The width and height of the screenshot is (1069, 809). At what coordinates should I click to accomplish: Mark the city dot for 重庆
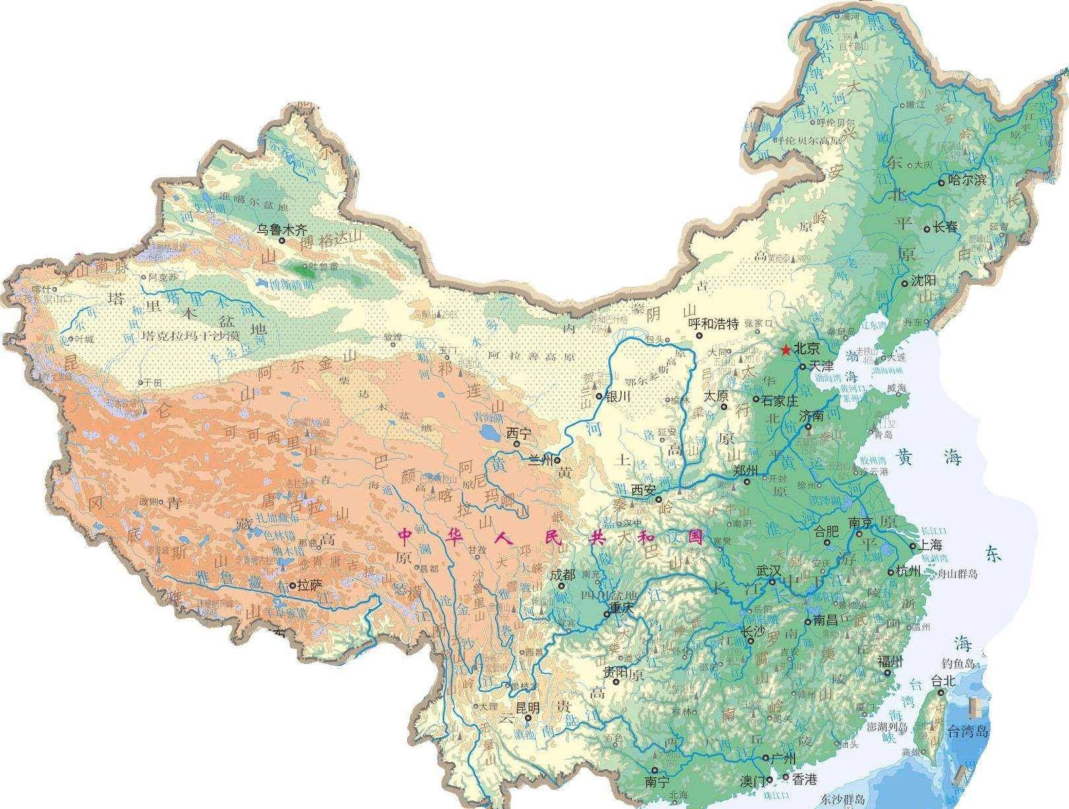606,614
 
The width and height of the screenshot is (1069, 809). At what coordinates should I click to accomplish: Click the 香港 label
804,779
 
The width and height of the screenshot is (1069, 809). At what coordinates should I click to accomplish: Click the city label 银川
616,396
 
